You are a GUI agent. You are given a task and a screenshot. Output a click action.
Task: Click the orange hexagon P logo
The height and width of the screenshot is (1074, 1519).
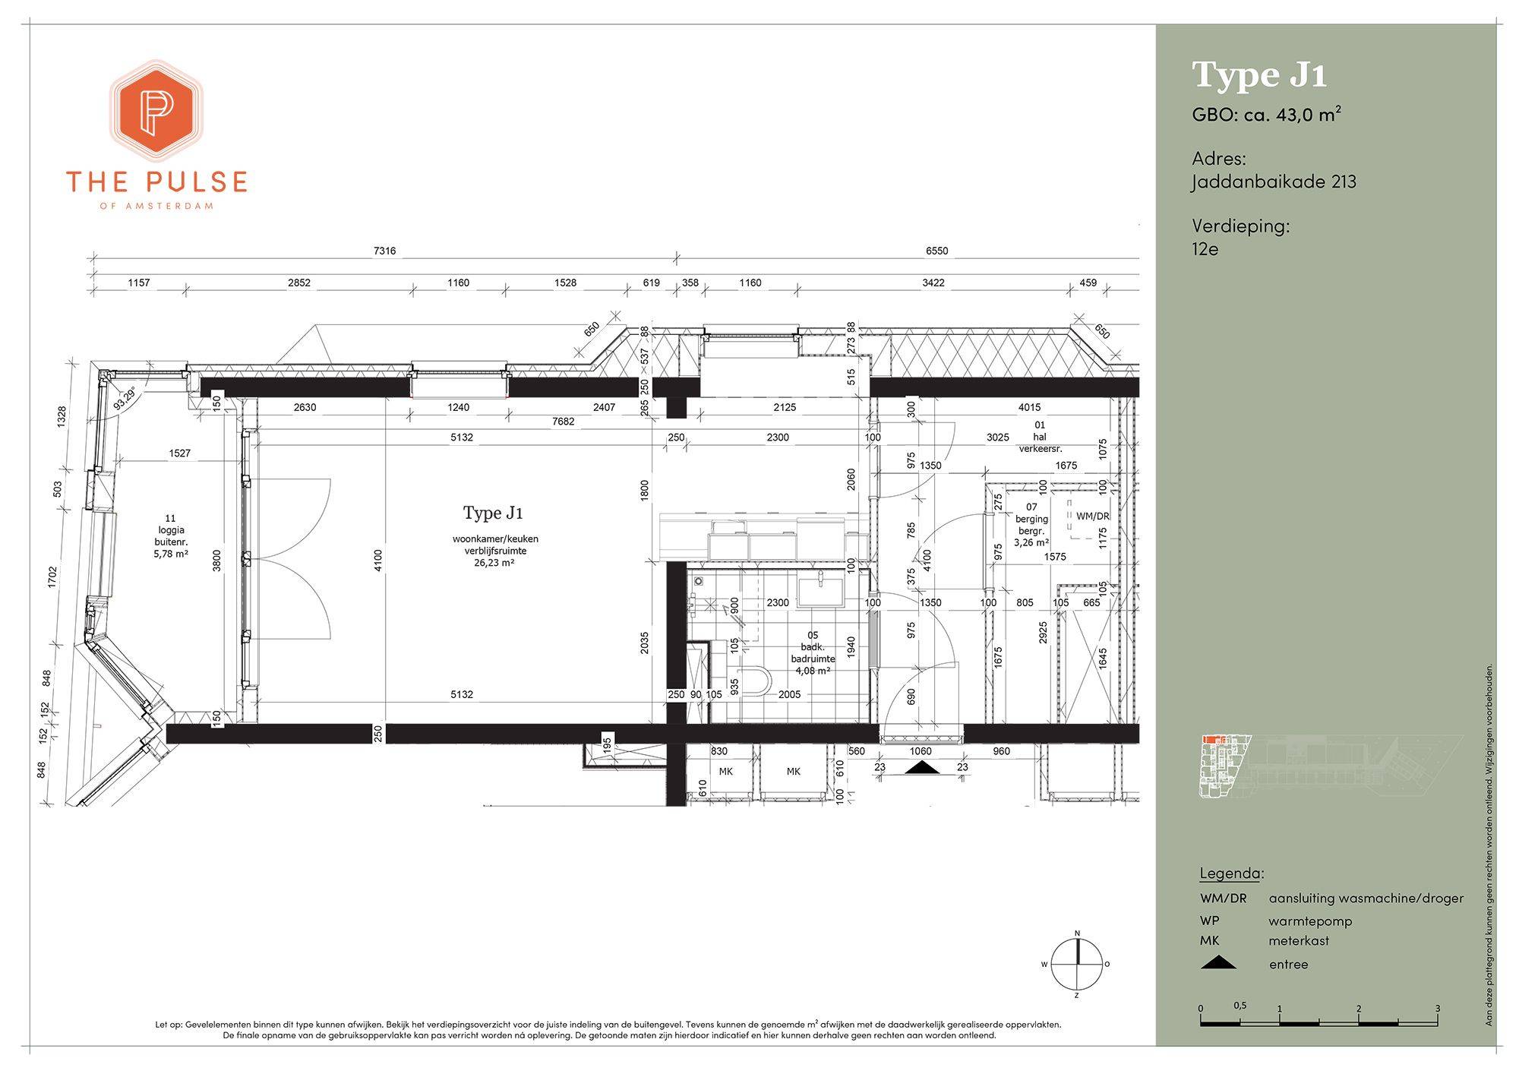156,110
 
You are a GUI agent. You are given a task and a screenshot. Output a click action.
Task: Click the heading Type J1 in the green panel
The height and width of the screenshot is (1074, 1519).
1259,75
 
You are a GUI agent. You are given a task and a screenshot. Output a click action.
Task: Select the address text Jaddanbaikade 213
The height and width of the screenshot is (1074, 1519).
1274,182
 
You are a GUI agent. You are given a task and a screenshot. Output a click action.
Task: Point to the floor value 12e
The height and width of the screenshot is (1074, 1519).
1205,249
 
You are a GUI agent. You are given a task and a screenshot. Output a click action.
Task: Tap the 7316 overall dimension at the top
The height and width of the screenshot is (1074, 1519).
384,251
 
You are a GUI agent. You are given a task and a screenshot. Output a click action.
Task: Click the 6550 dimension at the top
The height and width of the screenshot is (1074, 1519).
936,251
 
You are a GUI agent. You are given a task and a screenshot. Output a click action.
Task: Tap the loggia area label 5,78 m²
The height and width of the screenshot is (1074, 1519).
172,554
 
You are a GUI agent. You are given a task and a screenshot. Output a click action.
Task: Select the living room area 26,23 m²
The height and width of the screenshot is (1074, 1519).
495,563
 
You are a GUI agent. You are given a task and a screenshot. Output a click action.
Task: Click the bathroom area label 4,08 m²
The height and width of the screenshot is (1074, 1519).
813,671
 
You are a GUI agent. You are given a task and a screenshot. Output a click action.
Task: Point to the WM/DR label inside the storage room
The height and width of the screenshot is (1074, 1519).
1093,516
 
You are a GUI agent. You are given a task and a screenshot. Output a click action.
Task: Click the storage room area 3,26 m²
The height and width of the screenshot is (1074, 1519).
1031,543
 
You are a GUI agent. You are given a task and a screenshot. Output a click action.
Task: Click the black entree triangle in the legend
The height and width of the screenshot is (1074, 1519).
1217,963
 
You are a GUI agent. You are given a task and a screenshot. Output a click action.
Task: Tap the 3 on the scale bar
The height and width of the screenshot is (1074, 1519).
1437,1009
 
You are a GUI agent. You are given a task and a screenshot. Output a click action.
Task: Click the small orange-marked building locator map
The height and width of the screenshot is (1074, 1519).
1328,766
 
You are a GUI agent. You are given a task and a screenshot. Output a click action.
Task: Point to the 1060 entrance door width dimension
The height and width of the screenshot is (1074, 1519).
920,751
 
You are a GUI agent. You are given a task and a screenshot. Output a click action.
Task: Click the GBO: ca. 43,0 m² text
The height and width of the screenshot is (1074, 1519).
1266,115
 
